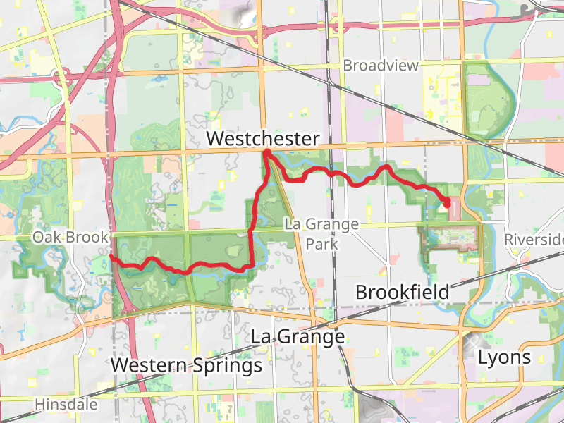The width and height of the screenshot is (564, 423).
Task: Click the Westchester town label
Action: coord(263,139)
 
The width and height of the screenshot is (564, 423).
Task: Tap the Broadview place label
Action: coord(381,66)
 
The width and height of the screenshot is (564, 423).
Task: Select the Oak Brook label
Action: coord(69,238)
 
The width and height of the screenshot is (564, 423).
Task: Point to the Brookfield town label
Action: coord(402,292)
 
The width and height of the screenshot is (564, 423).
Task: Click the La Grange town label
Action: coord(298,337)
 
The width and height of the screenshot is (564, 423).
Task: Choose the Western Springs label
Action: coord(187,366)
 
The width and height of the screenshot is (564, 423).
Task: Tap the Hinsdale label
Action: coord(67,405)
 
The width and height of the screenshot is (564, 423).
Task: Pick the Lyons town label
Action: coord(504,357)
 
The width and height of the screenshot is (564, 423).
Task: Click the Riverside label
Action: coord(534,240)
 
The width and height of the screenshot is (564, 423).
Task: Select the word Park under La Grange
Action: coord(321,245)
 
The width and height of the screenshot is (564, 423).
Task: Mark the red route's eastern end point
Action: coord(448,204)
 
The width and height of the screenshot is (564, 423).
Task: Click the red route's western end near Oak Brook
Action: coord(111,258)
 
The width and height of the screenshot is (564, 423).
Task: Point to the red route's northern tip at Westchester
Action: coord(266,152)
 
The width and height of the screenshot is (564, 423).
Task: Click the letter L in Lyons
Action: coord(482,357)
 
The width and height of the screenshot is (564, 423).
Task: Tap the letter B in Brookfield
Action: coord(362,292)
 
